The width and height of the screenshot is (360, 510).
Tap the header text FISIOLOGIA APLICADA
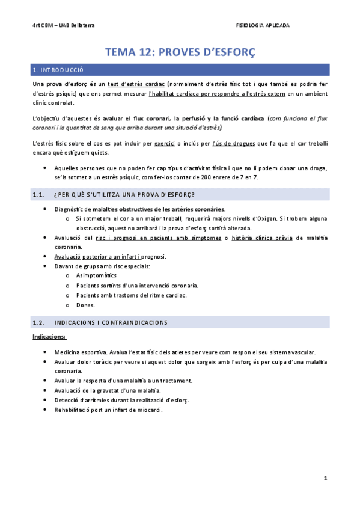pyautogui.click(x=263, y=25)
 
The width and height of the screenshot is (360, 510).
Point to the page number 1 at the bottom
pyautogui.click(x=325, y=478)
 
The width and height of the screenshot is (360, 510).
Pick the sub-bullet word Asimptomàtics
pyautogui.click(x=97, y=275)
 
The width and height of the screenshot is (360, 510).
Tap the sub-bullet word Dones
pyautogui.click(x=85, y=305)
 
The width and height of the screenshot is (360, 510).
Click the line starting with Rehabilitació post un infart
pyautogui.click(x=108, y=410)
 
